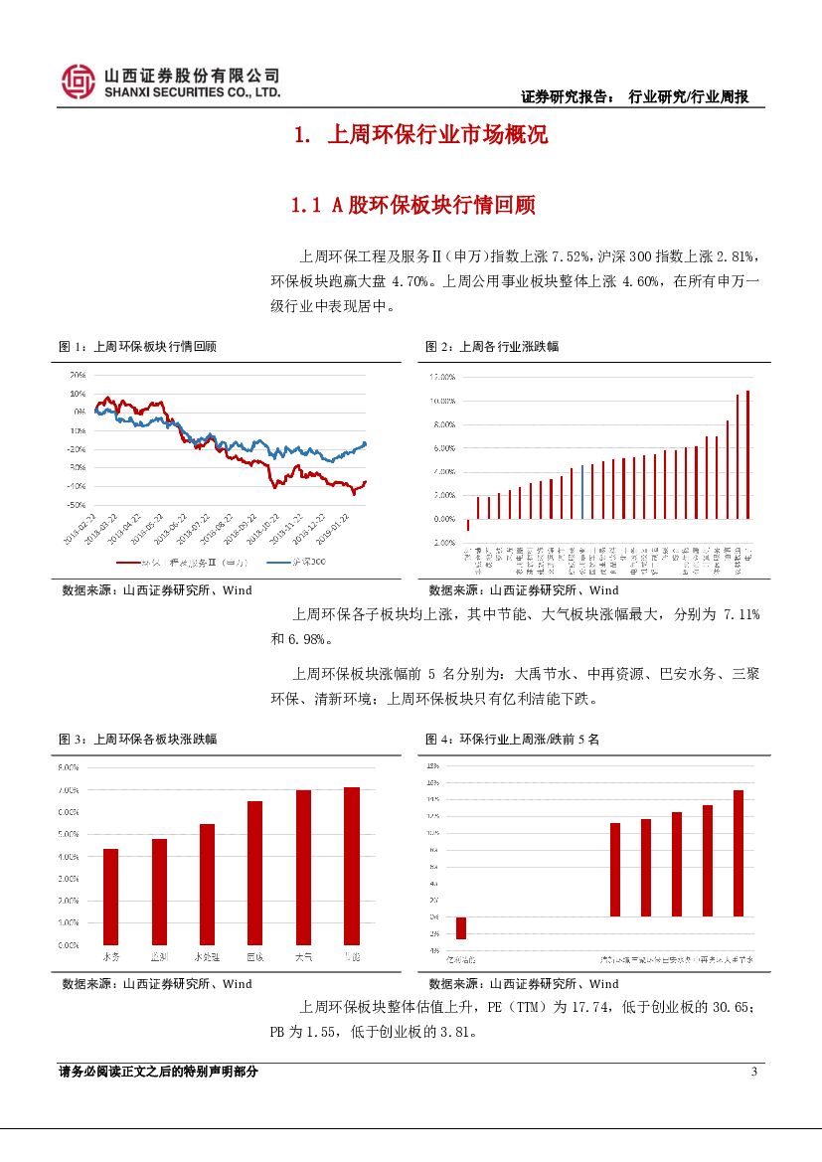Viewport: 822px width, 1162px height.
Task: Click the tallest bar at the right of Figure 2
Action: pos(747,454)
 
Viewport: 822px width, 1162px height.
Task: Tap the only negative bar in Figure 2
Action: pos(468,525)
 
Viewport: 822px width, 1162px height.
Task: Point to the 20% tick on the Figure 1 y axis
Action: pos(78,376)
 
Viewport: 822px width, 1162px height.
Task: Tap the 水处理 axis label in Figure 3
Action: pos(207,956)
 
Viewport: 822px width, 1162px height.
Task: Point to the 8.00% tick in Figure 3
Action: pos(69,767)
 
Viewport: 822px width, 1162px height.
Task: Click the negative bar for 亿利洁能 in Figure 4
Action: pos(461,927)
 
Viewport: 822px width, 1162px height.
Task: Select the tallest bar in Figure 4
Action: pos(739,853)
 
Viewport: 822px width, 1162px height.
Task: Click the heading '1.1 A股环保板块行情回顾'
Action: pos(412,206)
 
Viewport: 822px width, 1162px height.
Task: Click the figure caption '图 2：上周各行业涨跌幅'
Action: pos(492,347)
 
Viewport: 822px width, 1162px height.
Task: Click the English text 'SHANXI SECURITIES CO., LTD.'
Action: pos(193,92)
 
